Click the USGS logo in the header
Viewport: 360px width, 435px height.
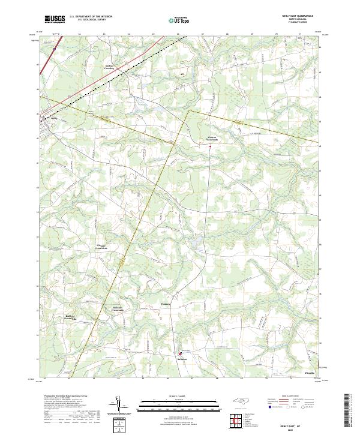[55, 19]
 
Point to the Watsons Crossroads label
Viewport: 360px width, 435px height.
[208, 138]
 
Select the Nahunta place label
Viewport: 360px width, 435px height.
[182, 359]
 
